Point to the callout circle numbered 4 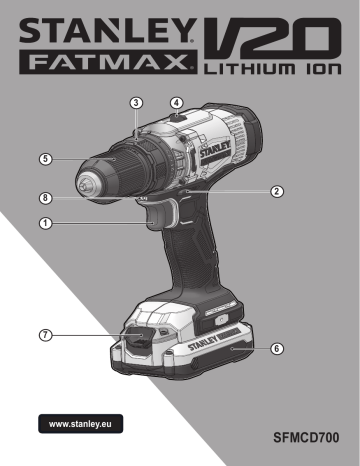[x=176, y=102]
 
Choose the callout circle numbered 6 [x=277, y=349]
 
